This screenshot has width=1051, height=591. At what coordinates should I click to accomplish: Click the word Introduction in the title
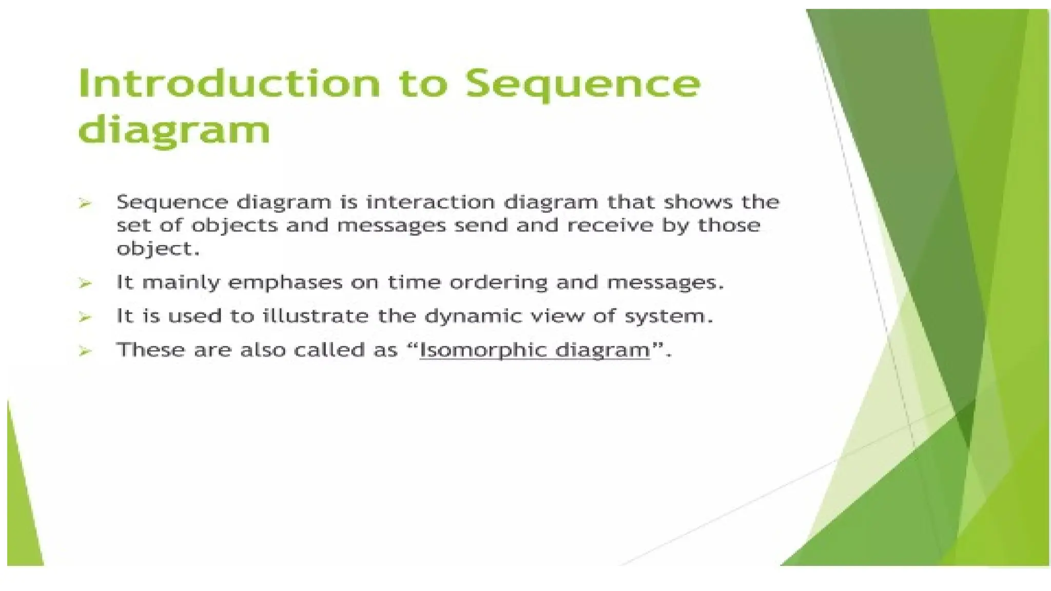pos(229,84)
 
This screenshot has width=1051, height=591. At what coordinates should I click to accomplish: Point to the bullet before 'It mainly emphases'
pos(85,283)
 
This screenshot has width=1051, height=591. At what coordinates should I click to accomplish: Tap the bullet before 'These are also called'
pos(85,351)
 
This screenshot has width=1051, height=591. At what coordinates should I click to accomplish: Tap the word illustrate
pos(316,316)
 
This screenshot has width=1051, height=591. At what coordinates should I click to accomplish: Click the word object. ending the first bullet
pos(158,249)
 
